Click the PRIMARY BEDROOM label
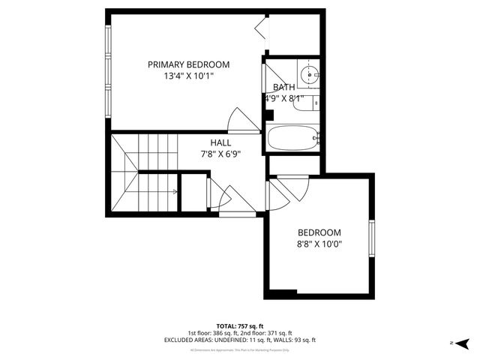coord(188,64)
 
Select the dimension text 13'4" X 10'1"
coord(188,76)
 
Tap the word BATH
coord(283,87)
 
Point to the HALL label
coord(220,142)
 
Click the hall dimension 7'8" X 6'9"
coord(220,154)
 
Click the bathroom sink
coord(310,74)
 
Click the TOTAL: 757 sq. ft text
coord(239,325)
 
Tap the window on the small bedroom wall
coord(370,238)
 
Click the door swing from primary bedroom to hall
coord(241,120)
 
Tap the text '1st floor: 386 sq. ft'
coord(213,333)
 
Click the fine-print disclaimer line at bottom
coord(239,349)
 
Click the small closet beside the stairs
coord(194,193)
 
